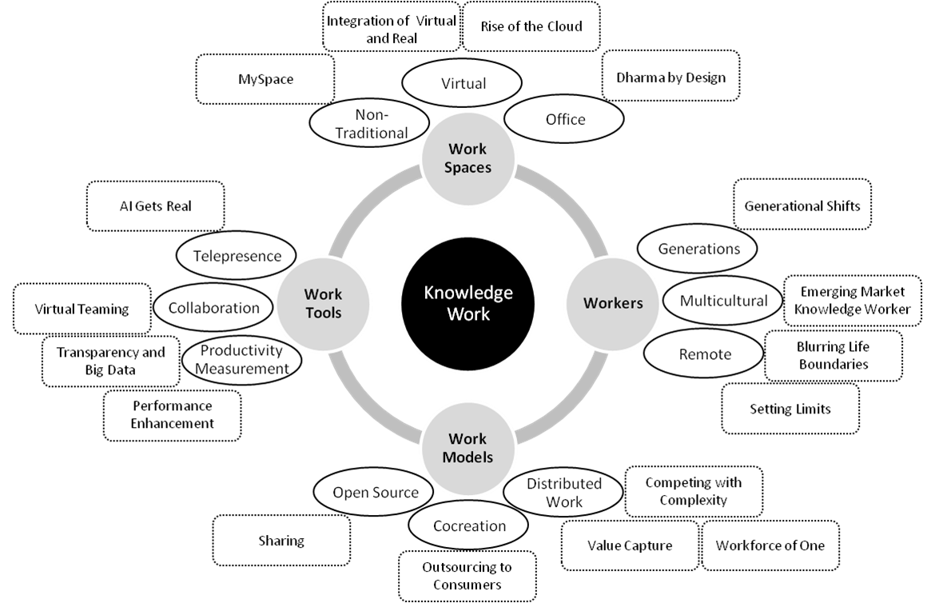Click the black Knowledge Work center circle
468,303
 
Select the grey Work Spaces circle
468,159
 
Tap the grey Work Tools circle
323,304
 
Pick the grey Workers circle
613,304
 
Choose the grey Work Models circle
468,449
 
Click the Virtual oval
462,83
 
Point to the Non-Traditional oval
370,123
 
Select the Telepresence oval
237,256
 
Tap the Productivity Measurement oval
241,359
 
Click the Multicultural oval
722,301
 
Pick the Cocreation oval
468,525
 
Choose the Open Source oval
374,492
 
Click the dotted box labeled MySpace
265,79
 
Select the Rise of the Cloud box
531,26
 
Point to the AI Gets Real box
156,206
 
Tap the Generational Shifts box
802,204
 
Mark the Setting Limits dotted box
790,409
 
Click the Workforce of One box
770,545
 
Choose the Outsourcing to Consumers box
467,576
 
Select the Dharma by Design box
670,77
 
